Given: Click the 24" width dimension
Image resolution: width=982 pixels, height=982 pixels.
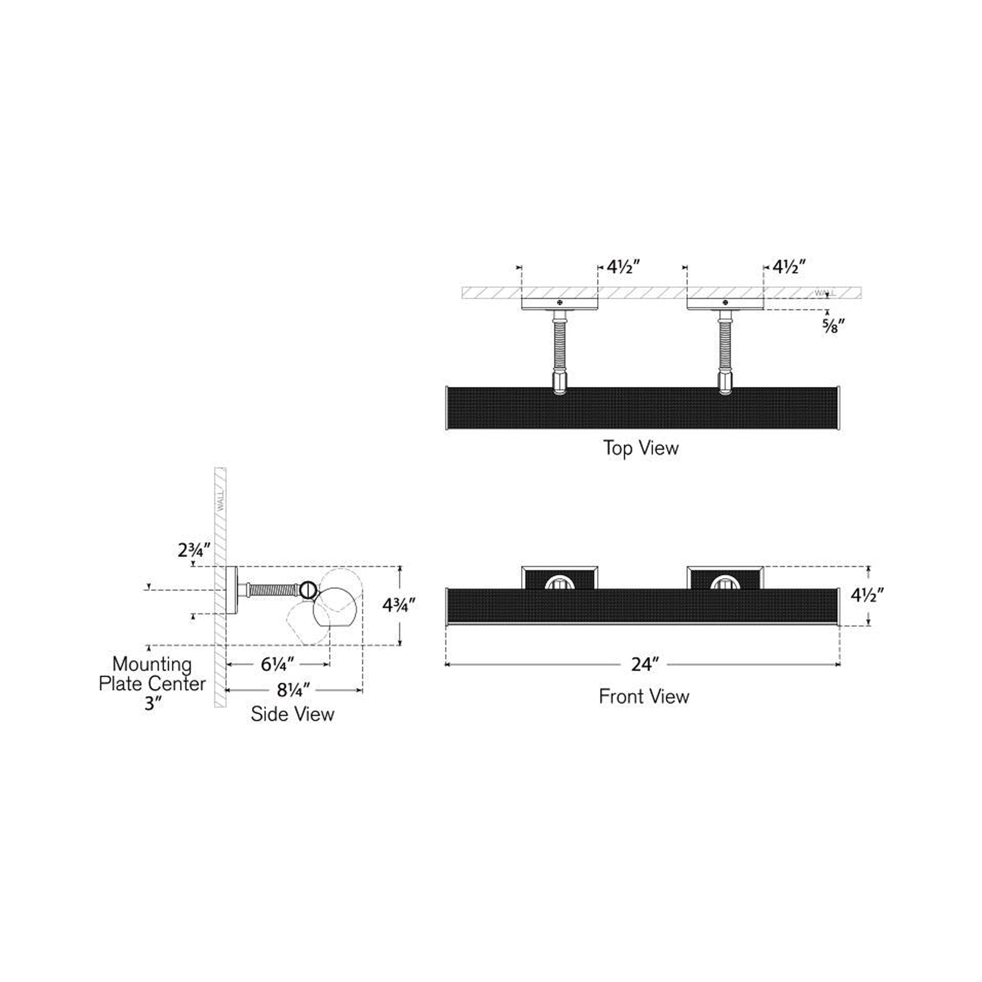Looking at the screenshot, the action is pos(645,664).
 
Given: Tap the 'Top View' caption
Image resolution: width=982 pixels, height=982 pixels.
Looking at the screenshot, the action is pos(641,448).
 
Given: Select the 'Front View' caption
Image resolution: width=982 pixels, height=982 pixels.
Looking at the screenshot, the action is pos(644,696).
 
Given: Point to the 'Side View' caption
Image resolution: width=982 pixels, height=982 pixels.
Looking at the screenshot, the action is pos(292,714).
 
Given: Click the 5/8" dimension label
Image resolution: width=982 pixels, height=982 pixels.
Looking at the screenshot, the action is pos(834,327).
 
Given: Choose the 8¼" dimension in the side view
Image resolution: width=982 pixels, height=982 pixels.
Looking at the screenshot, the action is pos(293,690).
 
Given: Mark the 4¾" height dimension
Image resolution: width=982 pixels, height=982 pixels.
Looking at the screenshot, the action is pos(400,605).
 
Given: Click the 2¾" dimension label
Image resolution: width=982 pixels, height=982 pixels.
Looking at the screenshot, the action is pos(194,550).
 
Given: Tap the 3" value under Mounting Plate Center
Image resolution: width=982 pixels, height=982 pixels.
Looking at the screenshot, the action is pos(152,704).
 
